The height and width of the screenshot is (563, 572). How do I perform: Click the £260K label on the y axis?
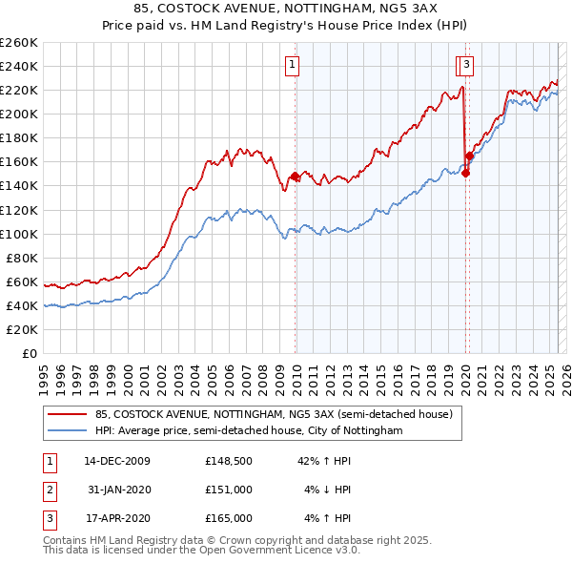click(x=19, y=43)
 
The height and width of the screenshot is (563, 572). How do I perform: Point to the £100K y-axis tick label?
click(x=19, y=234)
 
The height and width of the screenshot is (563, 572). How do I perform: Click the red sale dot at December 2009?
click(x=295, y=177)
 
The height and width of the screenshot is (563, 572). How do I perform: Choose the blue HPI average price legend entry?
click(x=249, y=431)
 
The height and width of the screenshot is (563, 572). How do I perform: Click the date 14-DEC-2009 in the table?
click(x=116, y=462)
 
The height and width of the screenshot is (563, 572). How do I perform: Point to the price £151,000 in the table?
click(x=229, y=490)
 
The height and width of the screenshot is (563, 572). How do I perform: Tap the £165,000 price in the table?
click(x=229, y=518)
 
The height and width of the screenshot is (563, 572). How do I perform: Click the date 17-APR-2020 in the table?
click(x=116, y=518)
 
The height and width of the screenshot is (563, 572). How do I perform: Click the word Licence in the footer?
click(x=311, y=551)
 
